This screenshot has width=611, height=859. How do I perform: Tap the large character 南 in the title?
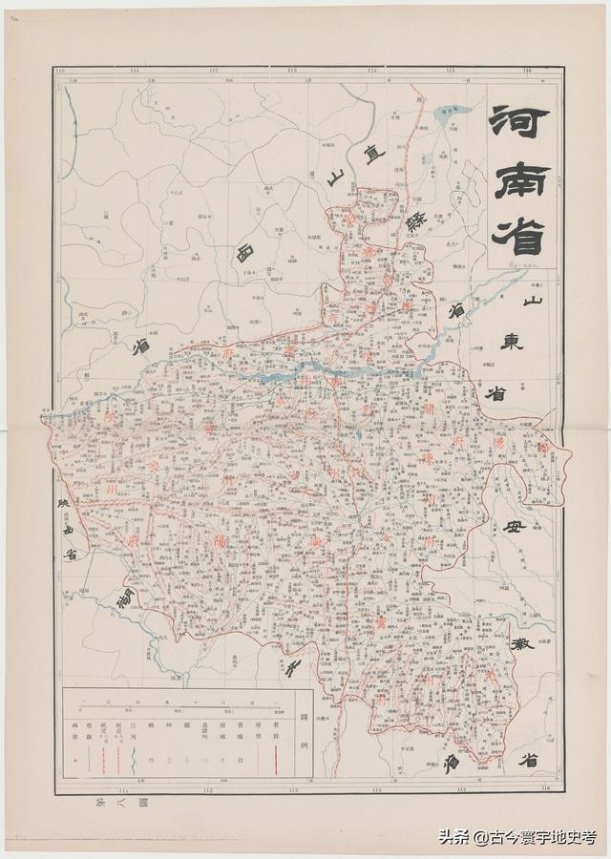tap(521, 178)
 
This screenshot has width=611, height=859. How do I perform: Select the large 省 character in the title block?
tap(520, 233)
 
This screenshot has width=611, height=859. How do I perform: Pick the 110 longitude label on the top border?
tap(60, 70)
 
